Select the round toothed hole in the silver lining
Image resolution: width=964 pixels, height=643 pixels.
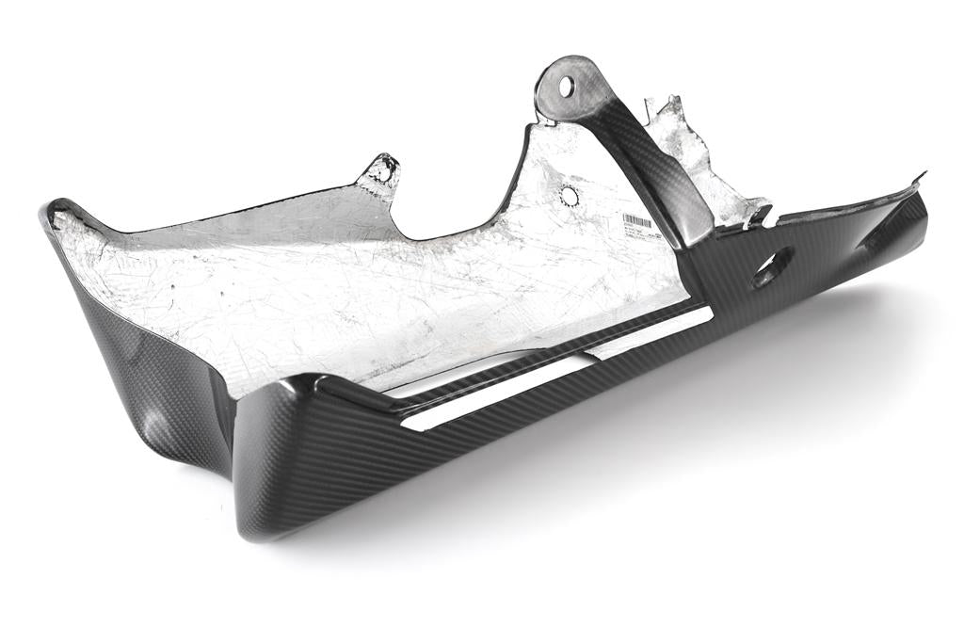569,197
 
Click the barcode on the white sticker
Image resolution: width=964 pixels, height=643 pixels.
636,222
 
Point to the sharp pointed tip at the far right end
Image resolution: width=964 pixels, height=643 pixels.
924,174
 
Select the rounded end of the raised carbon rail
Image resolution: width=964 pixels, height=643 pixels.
325,384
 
